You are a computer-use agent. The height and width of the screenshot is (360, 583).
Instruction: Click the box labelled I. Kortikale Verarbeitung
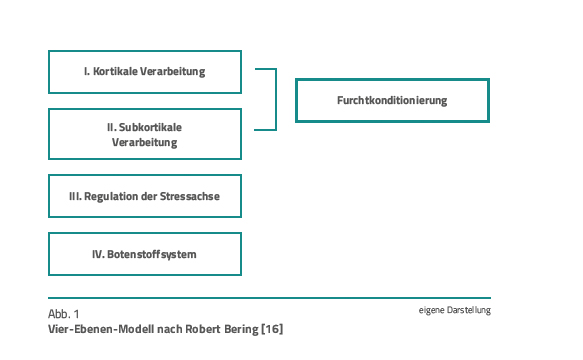click(145, 71)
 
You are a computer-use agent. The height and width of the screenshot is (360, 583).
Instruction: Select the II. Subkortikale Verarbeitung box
click(145, 134)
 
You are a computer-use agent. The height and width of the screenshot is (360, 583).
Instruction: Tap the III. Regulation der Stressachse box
click(145, 196)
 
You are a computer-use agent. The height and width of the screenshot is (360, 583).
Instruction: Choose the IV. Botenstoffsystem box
click(145, 254)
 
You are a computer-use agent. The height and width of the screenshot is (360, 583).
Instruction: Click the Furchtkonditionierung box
click(392, 100)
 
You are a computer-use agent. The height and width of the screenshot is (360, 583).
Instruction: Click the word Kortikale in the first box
click(119, 72)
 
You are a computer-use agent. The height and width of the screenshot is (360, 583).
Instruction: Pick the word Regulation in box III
click(113, 197)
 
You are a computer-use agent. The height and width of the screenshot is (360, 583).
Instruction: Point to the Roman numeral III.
click(75, 197)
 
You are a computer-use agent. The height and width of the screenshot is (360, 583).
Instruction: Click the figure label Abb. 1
click(64, 313)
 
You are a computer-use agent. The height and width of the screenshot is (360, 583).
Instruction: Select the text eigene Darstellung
click(455, 310)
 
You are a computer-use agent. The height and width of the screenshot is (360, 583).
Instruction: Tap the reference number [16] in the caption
click(272, 327)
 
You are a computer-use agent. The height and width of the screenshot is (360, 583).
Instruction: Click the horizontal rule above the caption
click(269, 298)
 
